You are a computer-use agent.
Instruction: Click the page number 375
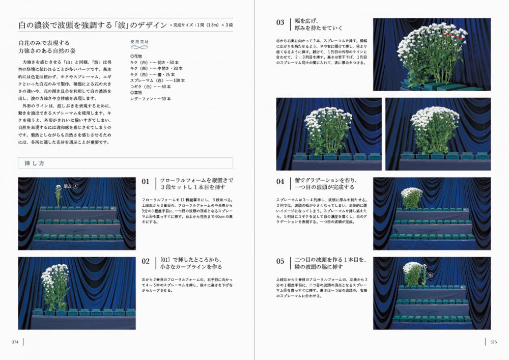[493, 342]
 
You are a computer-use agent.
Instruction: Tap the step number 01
[146, 181]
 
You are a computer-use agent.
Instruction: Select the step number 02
[146, 261]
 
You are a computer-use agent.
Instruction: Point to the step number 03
[280, 22]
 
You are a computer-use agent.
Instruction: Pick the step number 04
[280, 181]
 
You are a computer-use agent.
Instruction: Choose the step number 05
[280, 261]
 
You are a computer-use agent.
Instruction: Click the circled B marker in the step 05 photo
[430, 275]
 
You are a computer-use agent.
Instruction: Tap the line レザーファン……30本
[151, 98]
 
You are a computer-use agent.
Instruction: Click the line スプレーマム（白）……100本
[158, 80]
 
